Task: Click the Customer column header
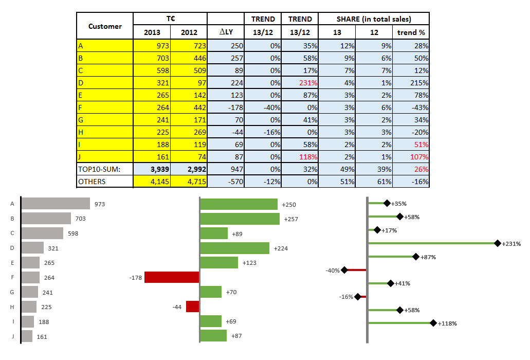click(105, 26)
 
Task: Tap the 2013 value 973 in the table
click(152, 46)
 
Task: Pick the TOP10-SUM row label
click(99, 169)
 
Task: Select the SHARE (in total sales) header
click(374, 19)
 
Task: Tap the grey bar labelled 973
click(56, 204)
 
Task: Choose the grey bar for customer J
click(27, 336)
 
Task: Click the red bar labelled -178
click(172, 277)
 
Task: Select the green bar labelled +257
click(240, 219)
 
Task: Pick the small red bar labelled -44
click(192, 307)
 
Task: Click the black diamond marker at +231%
click(497, 243)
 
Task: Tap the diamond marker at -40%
click(344, 270)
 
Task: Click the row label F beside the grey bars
click(11, 277)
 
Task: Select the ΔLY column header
click(226, 32)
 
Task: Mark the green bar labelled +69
click(211, 321)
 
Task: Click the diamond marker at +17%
click(377, 230)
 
